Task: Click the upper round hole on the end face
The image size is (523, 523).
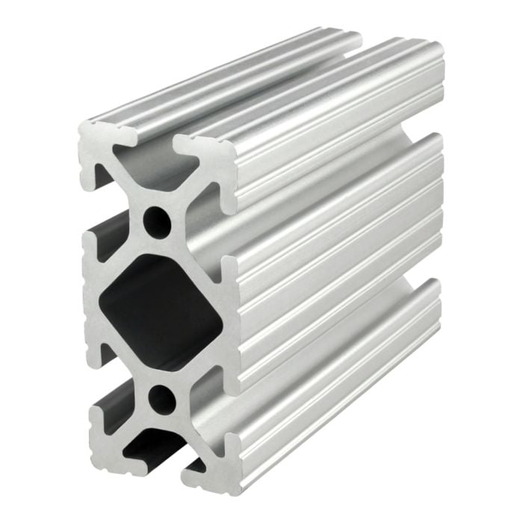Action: point(156,222)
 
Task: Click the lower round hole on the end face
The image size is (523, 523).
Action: point(161,399)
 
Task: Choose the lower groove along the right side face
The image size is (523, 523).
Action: point(336,344)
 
